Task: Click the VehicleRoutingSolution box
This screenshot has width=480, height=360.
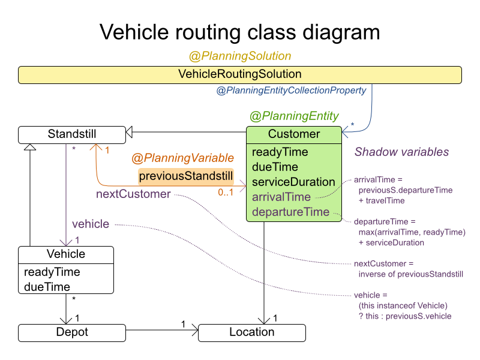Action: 240,74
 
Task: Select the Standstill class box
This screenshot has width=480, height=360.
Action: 72,134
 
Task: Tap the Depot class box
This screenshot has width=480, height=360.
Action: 72,332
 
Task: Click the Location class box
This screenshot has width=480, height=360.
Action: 252,332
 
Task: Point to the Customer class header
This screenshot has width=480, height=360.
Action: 294,134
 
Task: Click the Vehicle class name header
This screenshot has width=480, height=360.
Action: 66,254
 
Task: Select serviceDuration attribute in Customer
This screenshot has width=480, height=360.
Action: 293,182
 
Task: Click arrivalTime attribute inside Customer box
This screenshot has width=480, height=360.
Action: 281,197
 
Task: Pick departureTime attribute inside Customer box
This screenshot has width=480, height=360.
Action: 291,212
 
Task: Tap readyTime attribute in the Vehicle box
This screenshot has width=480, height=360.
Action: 52,272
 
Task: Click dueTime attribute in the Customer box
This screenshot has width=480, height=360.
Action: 275,167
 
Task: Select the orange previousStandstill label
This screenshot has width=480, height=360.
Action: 186,176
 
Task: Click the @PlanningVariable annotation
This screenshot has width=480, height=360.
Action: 182,158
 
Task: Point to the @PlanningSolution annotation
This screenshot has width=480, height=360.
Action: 240,56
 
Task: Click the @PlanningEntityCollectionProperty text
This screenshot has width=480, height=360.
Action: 291,91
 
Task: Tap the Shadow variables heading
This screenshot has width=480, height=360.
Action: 401,152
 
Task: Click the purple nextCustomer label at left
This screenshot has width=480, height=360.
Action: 133,194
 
